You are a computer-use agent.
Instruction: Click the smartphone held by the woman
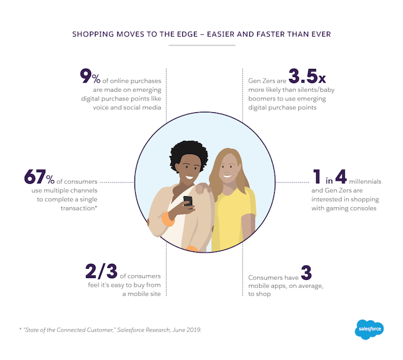(187, 202)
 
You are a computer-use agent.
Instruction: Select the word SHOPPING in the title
(94, 34)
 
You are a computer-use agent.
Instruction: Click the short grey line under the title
(201, 45)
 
